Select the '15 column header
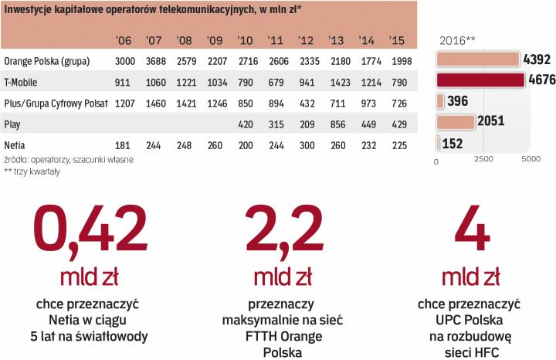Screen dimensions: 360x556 [397, 40]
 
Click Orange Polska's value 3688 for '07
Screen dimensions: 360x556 [154, 61]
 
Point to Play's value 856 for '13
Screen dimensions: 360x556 [337, 123]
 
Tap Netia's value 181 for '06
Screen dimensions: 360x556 [123, 144]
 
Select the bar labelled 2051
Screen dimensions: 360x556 [456, 121]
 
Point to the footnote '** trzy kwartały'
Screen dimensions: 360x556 [32, 172]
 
